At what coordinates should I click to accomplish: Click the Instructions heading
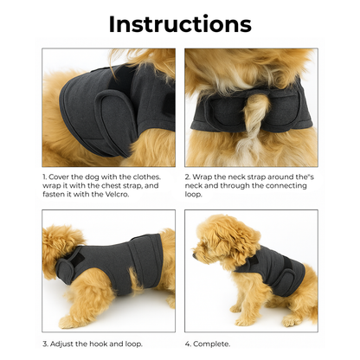click(x=180, y=23)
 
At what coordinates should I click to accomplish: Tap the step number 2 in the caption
click(x=187, y=177)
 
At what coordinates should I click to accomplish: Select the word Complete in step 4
click(x=213, y=343)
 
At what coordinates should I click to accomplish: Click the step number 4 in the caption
click(x=187, y=343)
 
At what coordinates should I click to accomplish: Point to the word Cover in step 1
click(x=60, y=177)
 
